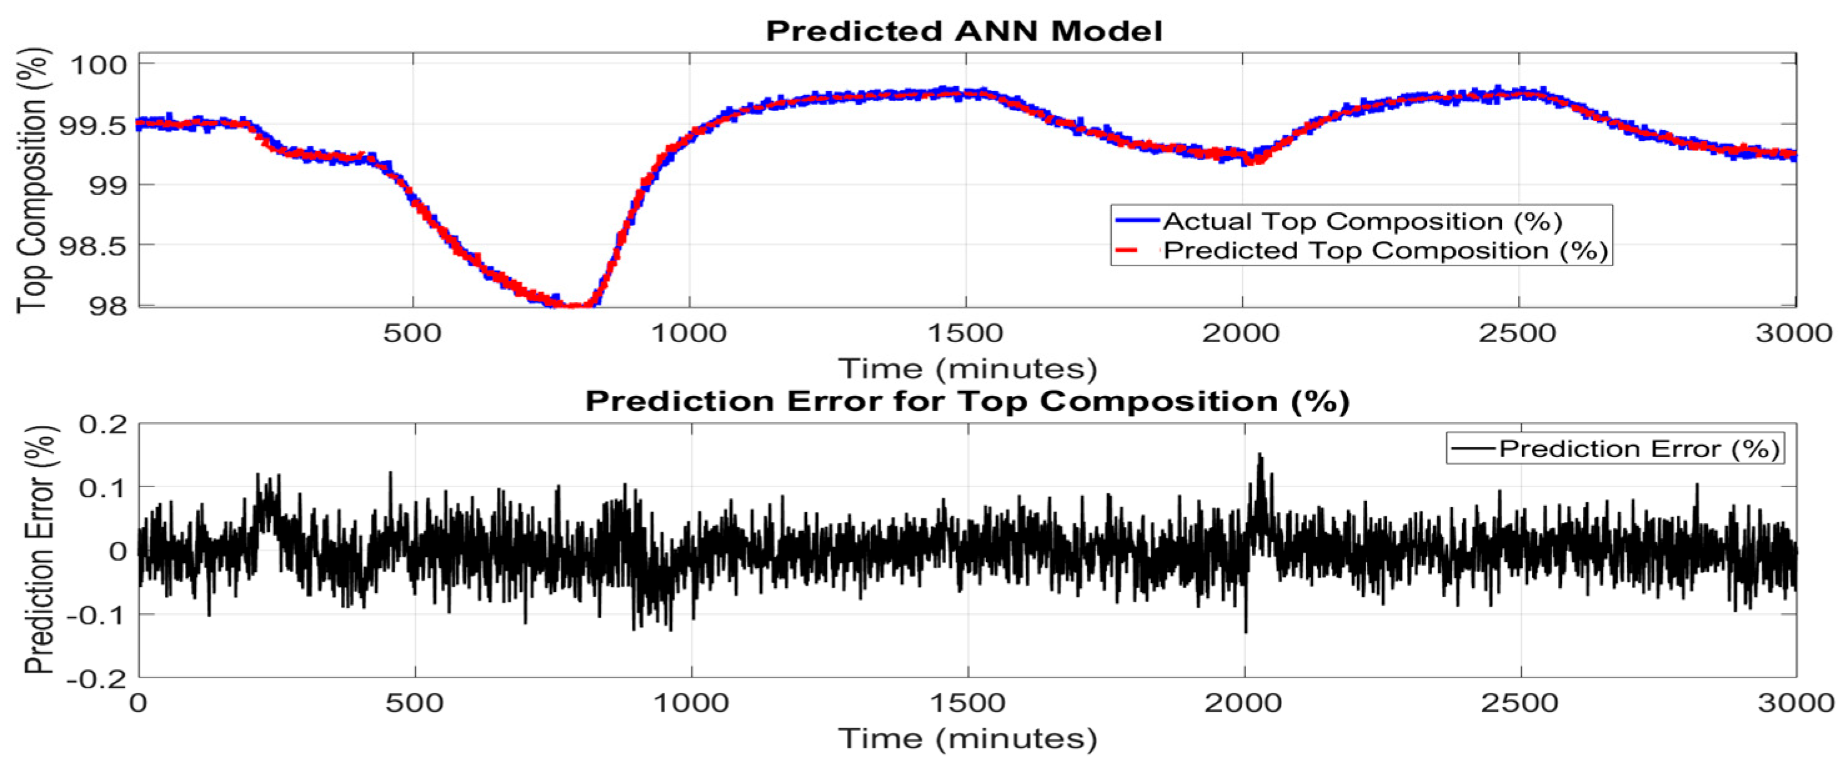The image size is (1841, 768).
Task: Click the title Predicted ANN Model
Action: (964, 31)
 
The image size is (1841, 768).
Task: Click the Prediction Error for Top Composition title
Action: (967, 401)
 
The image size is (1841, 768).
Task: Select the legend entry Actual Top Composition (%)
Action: (1361, 221)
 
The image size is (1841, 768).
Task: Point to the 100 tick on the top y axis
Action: (98, 64)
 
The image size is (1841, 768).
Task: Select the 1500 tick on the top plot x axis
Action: (965, 333)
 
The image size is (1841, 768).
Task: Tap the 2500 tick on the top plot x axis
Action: (1518, 333)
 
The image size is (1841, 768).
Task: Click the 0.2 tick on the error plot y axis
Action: (104, 425)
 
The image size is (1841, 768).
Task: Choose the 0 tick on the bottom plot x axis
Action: (139, 703)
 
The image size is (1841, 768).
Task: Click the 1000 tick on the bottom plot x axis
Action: (691, 703)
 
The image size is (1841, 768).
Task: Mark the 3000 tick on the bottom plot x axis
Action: (1795, 703)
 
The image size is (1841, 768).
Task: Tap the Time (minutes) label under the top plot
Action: (967, 368)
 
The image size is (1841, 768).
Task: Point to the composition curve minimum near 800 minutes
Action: (572, 306)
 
